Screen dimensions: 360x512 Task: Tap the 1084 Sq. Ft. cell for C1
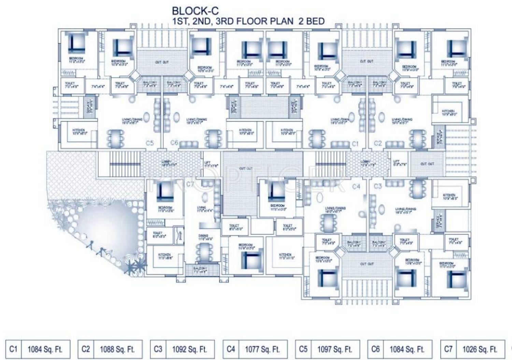(45, 349)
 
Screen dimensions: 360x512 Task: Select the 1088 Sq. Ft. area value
(117, 349)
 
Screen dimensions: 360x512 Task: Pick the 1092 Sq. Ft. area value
(189, 349)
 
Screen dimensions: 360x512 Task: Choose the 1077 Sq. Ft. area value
(262, 349)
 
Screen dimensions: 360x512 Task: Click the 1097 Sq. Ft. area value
(335, 349)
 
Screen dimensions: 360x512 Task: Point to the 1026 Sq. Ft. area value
(480, 349)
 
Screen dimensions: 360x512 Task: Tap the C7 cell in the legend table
(448, 349)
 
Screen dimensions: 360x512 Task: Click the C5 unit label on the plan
(150, 143)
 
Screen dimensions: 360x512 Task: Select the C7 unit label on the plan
(190, 185)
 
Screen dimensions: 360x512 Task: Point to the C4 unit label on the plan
(356, 186)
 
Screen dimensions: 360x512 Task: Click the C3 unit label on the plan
(378, 186)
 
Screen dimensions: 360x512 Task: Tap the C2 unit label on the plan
(378, 143)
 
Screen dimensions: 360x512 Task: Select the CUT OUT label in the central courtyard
(246, 169)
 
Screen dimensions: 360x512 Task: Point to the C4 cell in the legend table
(231, 349)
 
